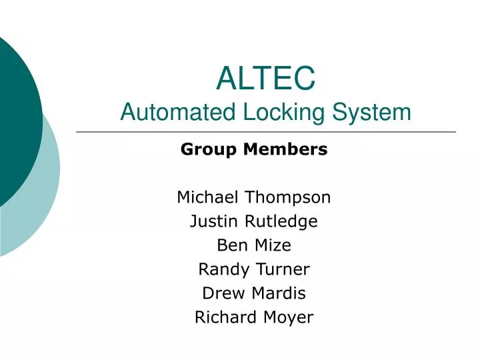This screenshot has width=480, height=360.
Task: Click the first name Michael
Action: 208,197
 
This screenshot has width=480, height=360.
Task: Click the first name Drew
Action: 219,293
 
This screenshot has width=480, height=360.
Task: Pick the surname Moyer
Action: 287,317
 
